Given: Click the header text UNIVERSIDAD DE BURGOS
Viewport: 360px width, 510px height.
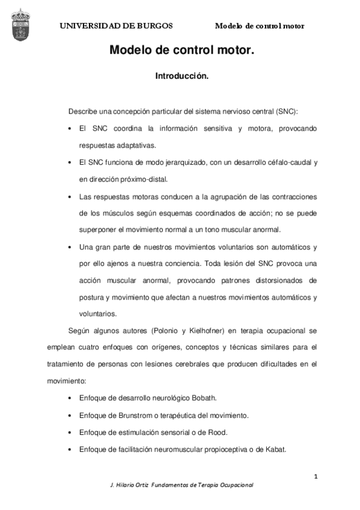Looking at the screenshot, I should [116, 26].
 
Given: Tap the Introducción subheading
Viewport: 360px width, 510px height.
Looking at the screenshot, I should [182, 77].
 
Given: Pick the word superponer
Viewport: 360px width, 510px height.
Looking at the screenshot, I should [96, 230].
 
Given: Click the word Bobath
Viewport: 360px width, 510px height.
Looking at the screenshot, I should [201, 398].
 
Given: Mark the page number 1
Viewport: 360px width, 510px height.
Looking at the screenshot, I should [316, 476].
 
